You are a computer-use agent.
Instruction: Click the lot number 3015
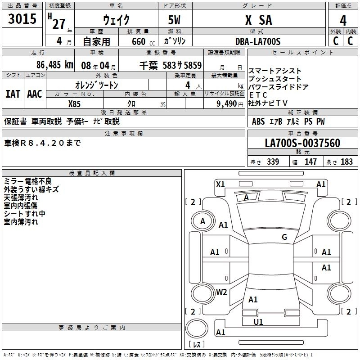(x=22, y=19)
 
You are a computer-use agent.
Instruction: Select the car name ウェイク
(x=116, y=20)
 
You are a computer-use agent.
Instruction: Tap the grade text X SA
(x=258, y=20)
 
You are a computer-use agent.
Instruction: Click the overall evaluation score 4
(x=343, y=20)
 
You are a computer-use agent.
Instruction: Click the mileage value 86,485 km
(x=54, y=64)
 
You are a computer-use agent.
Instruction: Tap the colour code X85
(x=75, y=103)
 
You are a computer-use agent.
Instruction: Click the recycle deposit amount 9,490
(x=227, y=103)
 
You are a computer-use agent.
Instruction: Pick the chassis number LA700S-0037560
(x=302, y=143)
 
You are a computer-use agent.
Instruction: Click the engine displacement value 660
(x=138, y=42)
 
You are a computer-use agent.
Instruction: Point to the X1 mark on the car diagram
(x=220, y=184)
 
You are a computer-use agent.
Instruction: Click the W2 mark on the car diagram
(x=221, y=292)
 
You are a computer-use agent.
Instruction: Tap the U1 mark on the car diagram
(x=258, y=322)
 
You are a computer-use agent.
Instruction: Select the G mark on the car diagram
(x=284, y=237)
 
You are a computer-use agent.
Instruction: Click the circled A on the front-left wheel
(x=203, y=221)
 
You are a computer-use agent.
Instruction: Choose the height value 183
(x=346, y=162)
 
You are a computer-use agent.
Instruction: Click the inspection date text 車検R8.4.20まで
(x=43, y=143)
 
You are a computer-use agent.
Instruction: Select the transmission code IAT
(x=13, y=94)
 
